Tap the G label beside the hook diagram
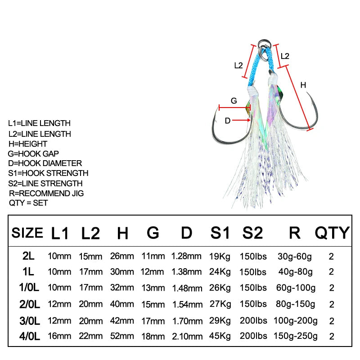(234, 101)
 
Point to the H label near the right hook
(303, 85)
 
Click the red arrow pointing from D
(241, 120)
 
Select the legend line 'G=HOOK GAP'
(33, 153)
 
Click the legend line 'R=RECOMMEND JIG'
(46, 193)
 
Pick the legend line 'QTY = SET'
(28, 203)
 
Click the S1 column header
(220, 233)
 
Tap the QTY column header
(332, 233)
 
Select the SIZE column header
(27, 233)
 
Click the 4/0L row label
(30, 336)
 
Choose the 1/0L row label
(29, 288)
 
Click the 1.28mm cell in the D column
(186, 256)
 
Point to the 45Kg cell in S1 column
(220, 336)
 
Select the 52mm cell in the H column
(122, 336)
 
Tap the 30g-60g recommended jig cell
(295, 256)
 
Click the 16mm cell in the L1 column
(59, 336)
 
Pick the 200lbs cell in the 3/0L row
(253, 320)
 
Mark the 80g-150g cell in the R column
(295, 304)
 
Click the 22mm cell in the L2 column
(91, 336)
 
